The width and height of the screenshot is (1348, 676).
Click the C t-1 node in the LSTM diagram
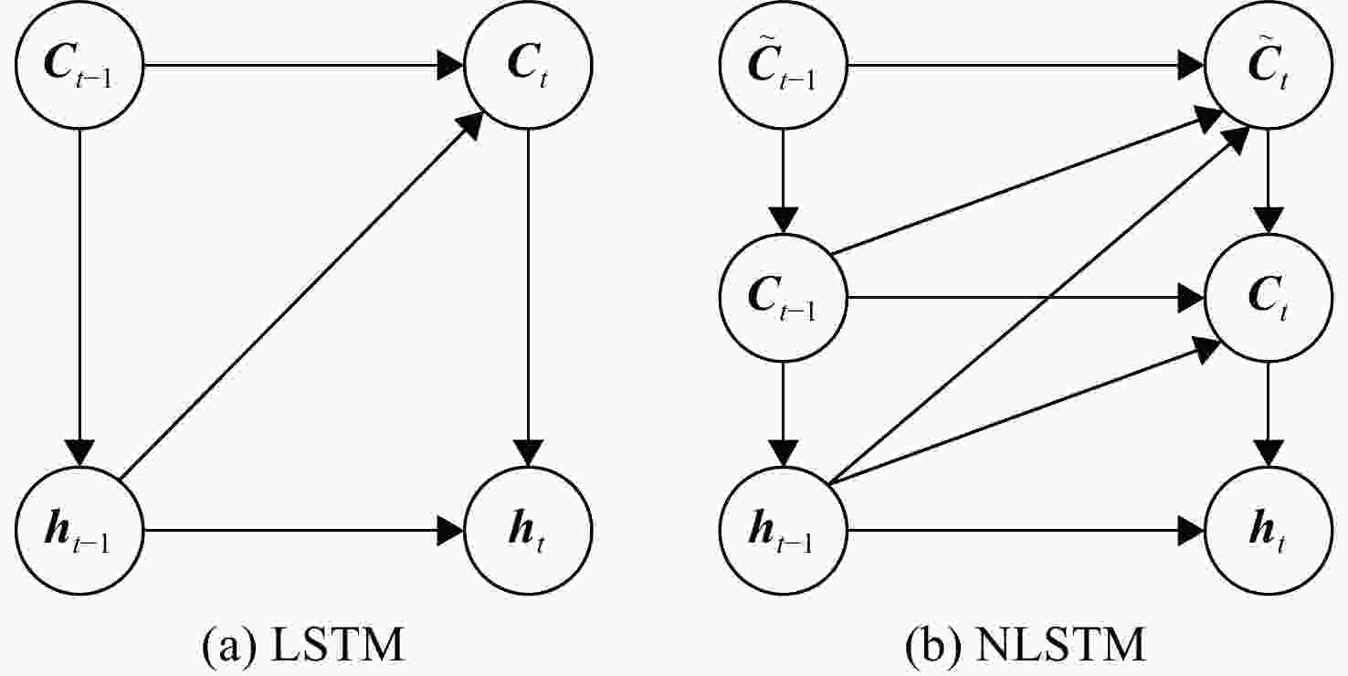pos(79,65)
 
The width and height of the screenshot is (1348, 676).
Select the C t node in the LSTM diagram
pos(529,65)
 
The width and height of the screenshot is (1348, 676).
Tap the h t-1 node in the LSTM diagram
pos(79,531)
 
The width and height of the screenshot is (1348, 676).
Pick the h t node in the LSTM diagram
pos(529,531)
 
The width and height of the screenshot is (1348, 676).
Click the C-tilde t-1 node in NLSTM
pos(783,65)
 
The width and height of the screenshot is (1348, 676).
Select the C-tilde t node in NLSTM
pos(1269,65)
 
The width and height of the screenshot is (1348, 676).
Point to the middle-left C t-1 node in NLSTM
pos(783,298)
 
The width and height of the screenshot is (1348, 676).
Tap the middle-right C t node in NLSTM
pos(1269,298)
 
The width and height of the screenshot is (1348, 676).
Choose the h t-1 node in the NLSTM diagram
pos(783,531)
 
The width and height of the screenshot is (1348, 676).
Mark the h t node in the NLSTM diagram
pos(1269,531)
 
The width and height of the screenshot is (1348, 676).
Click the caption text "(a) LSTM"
pos(303,646)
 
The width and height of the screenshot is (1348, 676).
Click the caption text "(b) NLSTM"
pos(1026,646)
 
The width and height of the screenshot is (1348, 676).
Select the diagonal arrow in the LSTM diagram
pos(300,297)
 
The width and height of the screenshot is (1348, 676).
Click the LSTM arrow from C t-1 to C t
pos(304,65)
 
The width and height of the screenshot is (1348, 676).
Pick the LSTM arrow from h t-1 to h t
pos(304,531)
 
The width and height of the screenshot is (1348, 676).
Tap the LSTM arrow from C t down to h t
pos(529,298)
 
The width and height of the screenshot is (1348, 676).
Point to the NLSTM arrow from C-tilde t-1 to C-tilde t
pos(1026,65)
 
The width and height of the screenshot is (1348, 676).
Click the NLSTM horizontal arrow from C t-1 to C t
pos(1026,298)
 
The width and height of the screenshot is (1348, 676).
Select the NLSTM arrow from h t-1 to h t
pos(1026,531)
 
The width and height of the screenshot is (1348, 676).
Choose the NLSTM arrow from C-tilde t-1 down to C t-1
pos(783,181)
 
